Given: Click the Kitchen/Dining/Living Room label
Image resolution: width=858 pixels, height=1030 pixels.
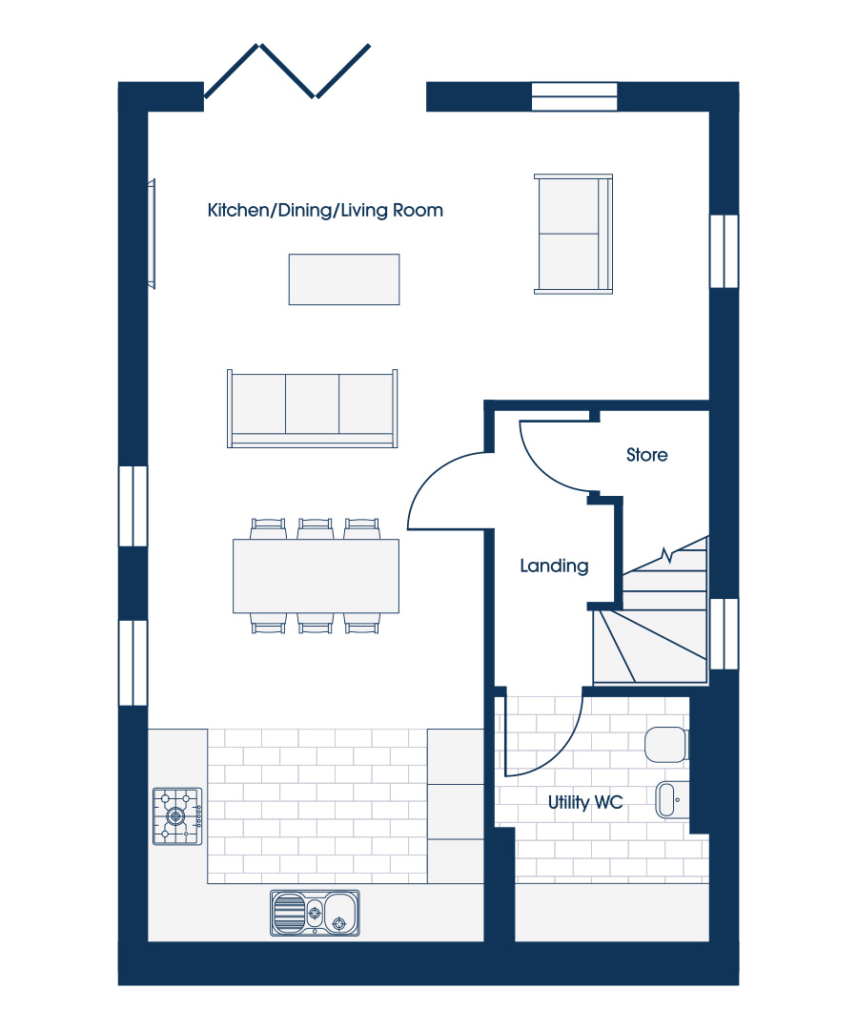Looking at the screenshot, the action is pos(325,210).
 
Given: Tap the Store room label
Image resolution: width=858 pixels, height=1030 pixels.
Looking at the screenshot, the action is pos(646,455).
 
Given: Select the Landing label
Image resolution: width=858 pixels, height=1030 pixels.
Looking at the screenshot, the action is pos(554,566).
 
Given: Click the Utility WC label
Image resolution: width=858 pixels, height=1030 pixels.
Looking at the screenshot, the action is pos(585,802).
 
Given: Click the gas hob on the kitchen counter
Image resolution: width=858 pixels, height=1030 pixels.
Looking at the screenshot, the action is pos(177,816).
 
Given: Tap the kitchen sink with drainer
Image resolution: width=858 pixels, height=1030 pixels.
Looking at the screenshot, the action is pos(316,913).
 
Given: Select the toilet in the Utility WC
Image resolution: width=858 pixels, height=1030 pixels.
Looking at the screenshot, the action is pos(666,744).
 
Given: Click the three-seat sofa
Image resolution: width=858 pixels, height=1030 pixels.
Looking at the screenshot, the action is pos(313,408).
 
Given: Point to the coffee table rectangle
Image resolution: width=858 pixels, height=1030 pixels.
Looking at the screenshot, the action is pos(344,279).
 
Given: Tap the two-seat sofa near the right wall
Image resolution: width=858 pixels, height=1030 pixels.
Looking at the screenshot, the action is pos(573,234).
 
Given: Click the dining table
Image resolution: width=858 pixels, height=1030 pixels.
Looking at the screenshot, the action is pos(316,576).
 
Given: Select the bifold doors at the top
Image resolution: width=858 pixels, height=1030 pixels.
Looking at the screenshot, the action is pos(288,71).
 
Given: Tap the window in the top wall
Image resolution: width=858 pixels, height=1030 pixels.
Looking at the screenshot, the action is pos(575,96).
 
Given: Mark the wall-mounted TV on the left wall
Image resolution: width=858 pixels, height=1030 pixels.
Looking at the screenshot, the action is pos(152,234).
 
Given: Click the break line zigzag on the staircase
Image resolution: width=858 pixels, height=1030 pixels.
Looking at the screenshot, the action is pos(667,556).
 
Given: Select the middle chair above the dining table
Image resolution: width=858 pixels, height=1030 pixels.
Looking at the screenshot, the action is pos(316,528).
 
